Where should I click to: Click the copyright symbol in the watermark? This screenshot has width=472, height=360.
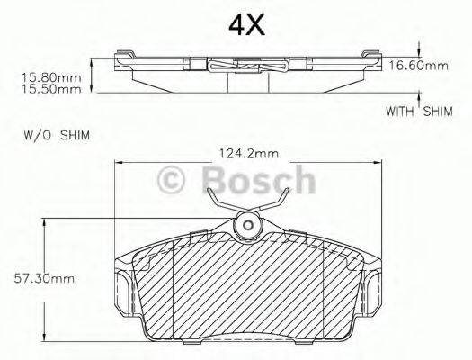pyautogui.click(x=171, y=180)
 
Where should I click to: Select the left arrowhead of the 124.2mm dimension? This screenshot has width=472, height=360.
pyautogui.click(x=119, y=162)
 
